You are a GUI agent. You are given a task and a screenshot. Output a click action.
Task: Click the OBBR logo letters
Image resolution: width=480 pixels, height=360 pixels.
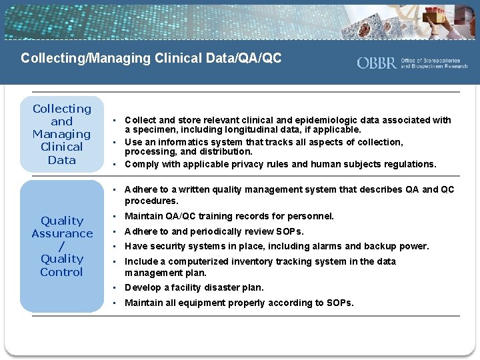[x=377, y=63]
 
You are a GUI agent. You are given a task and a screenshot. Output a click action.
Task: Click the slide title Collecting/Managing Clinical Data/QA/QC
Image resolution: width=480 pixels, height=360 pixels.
[x=151, y=59]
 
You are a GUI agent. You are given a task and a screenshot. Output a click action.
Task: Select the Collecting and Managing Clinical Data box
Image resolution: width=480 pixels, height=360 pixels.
[x=62, y=134]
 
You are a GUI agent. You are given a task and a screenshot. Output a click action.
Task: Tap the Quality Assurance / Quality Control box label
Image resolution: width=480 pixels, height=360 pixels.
[x=62, y=246]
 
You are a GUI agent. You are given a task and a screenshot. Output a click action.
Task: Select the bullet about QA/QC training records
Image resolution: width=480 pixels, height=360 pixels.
[x=229, y=216]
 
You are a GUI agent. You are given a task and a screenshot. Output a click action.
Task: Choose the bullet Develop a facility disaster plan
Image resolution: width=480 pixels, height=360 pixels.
[x=194, y=287]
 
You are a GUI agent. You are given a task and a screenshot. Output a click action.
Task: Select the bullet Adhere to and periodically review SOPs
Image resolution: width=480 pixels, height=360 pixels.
[x=214, y=231]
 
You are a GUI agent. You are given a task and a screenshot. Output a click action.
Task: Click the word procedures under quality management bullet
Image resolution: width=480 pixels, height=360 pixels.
[x=151, y=201]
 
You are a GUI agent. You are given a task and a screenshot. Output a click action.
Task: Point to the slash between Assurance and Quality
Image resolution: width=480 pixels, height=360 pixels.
[x=62, y=246]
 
